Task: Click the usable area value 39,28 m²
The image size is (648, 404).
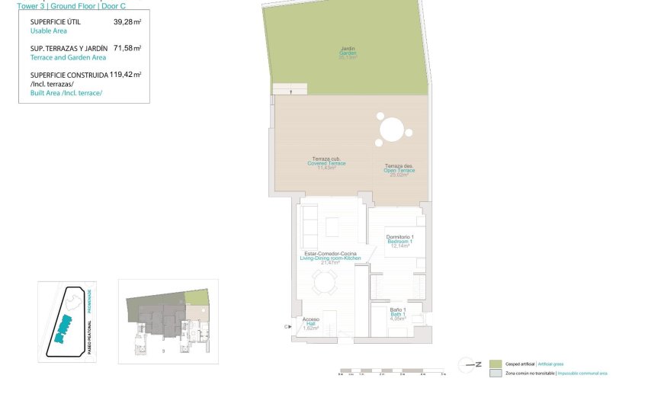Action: [127, 23]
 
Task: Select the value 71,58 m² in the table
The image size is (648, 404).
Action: [127, 48]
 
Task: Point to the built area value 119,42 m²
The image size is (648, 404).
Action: [126, 75]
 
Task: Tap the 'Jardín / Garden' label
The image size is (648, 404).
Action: [348, 53]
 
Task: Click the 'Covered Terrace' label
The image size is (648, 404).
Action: [326, 163]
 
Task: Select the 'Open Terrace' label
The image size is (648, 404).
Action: [399, 170]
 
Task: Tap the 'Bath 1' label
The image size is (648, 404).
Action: [397, 315]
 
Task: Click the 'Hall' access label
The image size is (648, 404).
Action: [311, 323]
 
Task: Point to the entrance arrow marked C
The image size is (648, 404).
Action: [288, 326]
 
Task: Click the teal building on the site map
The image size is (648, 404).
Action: [62, 331]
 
